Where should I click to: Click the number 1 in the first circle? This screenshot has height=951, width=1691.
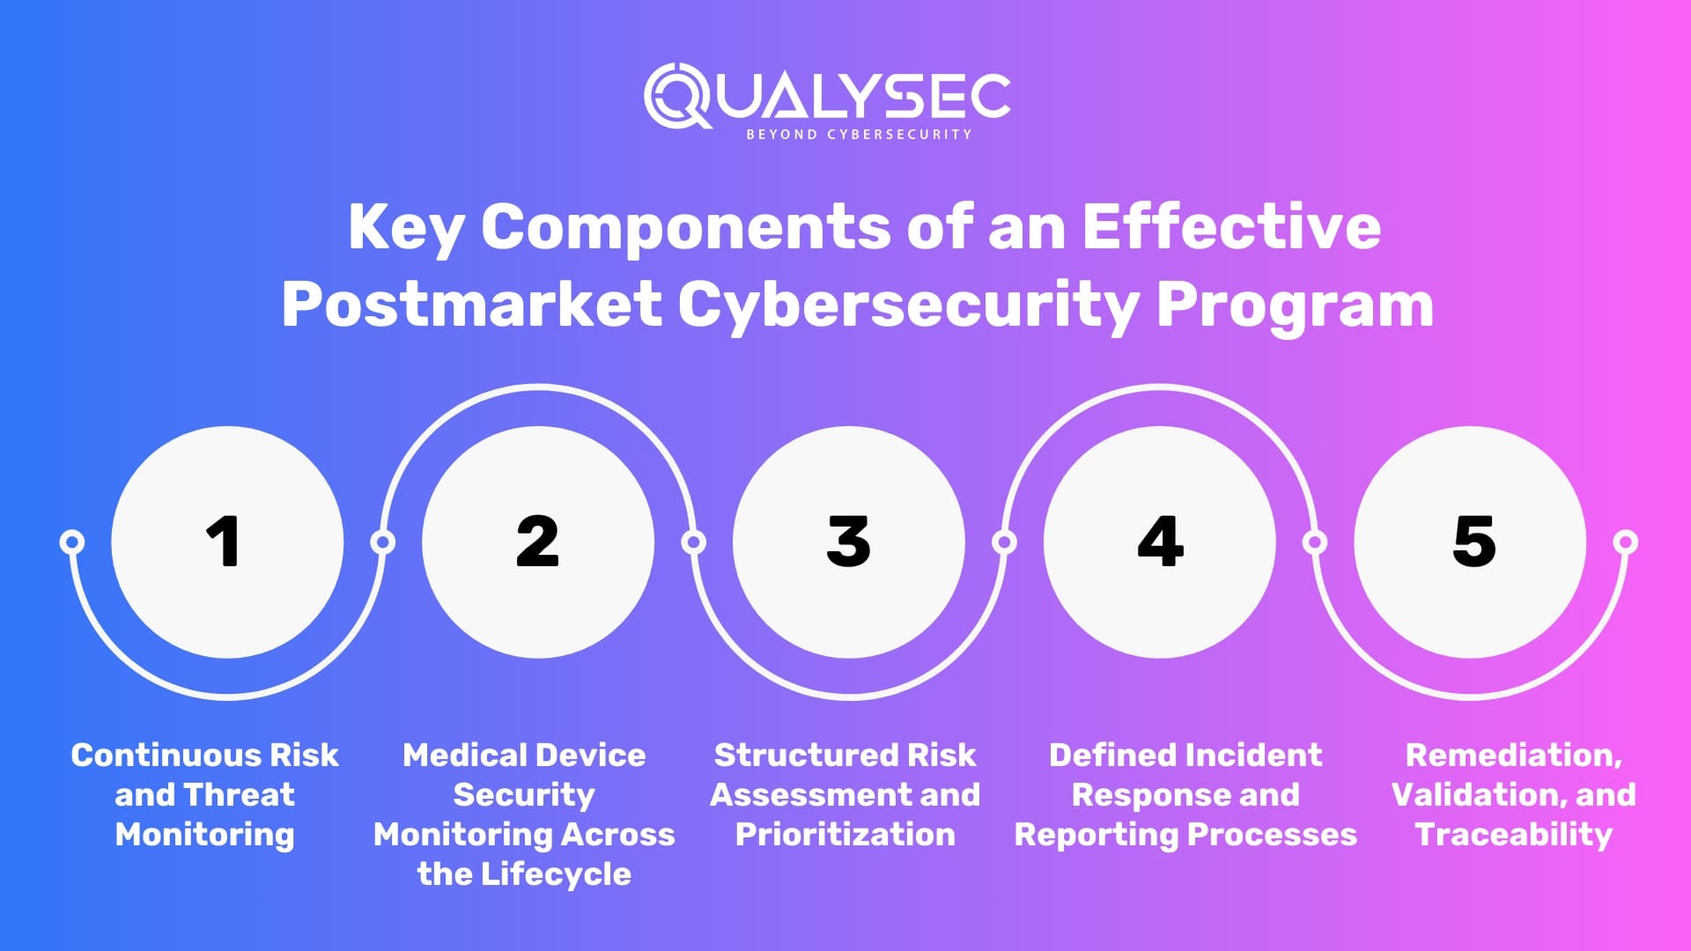224,541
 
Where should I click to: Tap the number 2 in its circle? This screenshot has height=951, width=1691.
537,541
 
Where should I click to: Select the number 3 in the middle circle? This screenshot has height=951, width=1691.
848,541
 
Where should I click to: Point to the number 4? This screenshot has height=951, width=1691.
1160,541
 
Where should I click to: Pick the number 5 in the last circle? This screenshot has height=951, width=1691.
1473,541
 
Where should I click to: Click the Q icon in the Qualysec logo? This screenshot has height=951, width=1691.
676,95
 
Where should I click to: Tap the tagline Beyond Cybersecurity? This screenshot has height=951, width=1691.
859,135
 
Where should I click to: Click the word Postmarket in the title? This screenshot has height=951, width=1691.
471,305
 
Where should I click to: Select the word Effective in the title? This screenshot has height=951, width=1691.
1230,227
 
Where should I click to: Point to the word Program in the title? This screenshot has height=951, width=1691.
1295,305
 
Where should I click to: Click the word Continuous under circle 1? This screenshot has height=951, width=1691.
164,755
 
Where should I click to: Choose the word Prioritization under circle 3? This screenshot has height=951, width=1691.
845,834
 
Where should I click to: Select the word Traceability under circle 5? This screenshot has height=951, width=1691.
1513,834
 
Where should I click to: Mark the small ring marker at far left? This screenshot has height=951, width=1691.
72,542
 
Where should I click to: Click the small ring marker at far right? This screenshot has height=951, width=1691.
1626,542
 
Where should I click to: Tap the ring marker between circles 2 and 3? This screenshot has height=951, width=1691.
694,542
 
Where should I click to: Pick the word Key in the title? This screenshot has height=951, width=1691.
404,227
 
